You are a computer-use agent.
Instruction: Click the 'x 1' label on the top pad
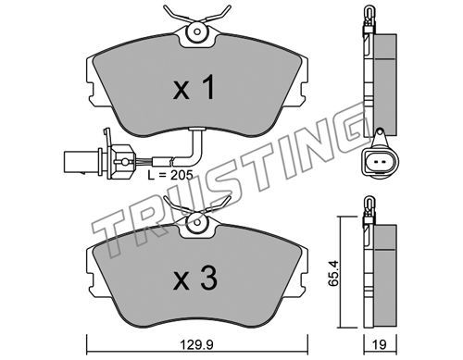click(194, 88)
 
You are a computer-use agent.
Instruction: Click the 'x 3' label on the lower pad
click(195, 279)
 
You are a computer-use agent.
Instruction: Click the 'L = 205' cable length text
click(169, 175)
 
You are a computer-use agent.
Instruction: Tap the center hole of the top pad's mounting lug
click(197, 31)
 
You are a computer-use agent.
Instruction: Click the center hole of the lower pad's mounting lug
click(196, 222)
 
